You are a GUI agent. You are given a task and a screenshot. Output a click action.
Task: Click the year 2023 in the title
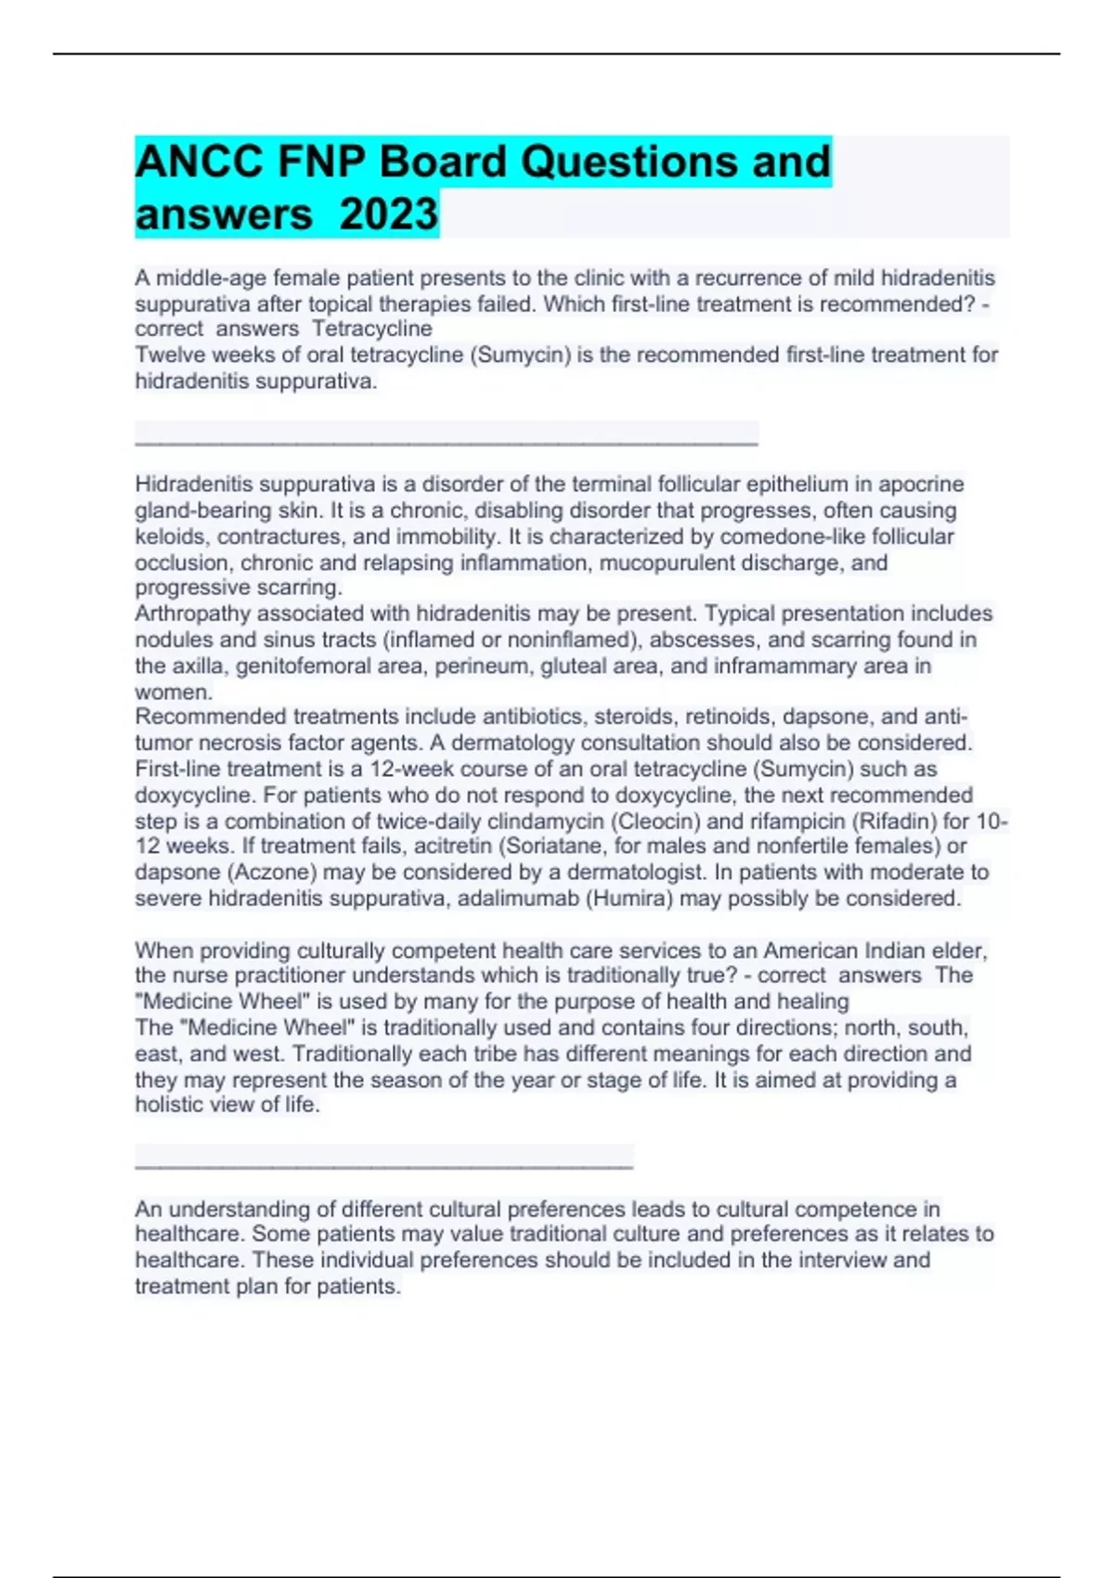(388, 214)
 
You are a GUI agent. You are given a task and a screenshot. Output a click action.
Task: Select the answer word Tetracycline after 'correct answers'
(372, 329)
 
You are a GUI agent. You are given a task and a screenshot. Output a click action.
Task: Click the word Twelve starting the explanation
(168, 355)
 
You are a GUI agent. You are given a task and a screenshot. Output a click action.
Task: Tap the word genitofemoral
(303, 666)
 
